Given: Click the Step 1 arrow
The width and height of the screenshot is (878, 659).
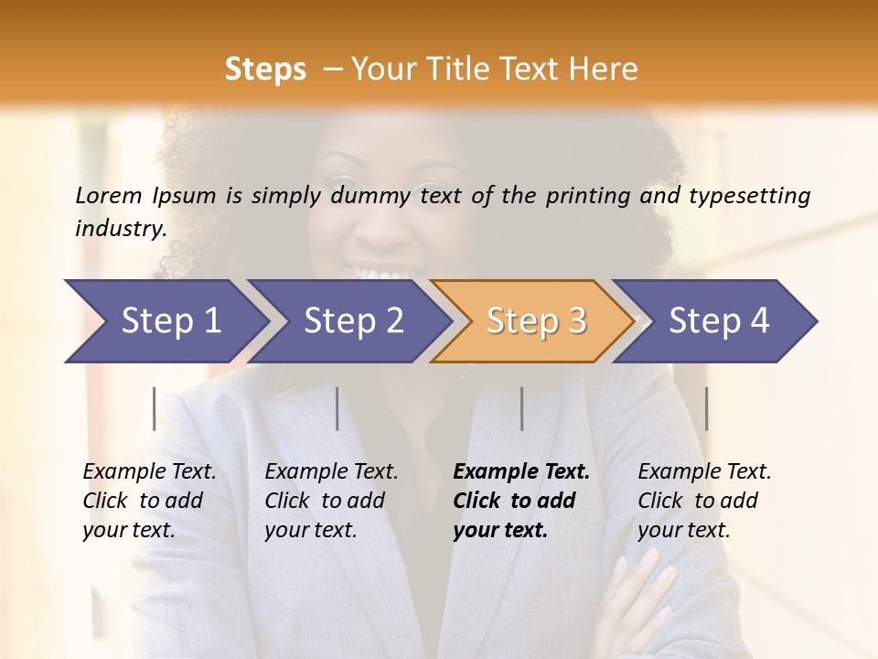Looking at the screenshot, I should pyautogui.click(x=165, y=321).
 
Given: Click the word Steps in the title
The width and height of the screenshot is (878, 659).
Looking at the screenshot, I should pyautogui.click(x=265, y=69).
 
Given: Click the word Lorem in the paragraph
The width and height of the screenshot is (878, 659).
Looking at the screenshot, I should pyautogui.click(x=109, y=195).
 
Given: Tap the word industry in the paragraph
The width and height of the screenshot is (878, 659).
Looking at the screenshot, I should pyautogui.click(x=120, y=228).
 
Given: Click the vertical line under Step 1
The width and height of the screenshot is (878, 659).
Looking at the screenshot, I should pyautogui.click(x=155, y=408).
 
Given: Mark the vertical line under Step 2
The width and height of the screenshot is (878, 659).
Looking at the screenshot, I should pyautogui.click(x=337, y=408).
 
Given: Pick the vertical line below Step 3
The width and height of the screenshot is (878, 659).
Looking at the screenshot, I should pyautogui.click(x=521, y=408).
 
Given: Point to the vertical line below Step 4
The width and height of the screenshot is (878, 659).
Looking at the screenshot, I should pyautogui.click(x=706, y=408).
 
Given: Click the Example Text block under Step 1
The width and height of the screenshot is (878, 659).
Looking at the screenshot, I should pyautogui.click(x=149, y=501).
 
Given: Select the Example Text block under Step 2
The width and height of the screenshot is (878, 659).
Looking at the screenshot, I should pyautogui.click(x=331, y=501).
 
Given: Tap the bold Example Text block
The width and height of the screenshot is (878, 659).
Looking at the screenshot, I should pyautogui.click(x=520, y=501).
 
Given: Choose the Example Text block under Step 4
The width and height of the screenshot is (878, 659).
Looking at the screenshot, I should pyautogui.click(x=704, y=501).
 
